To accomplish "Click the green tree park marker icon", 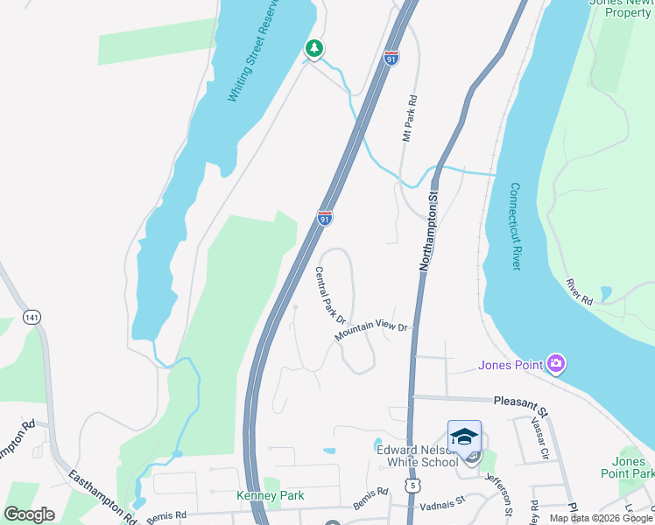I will click(313, 49).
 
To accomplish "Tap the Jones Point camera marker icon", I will click(555, 364).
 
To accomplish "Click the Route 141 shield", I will click(32, 316).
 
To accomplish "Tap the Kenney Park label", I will click(271, 495).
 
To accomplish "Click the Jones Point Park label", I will click(634, 467).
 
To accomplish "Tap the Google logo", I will click(29, 514).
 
